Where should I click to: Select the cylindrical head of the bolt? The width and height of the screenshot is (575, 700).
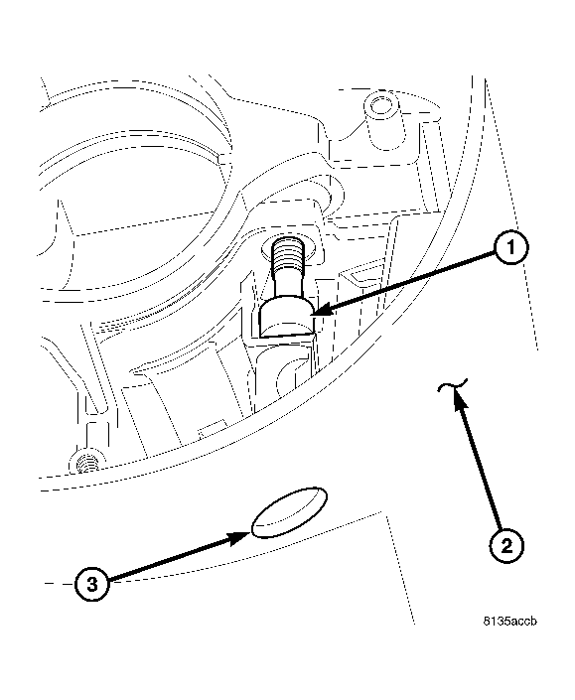click(x=286, y=318)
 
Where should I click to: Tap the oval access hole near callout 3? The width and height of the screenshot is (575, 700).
click(x=288, y=512)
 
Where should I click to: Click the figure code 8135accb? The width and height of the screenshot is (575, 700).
click(x=510, y=622)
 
